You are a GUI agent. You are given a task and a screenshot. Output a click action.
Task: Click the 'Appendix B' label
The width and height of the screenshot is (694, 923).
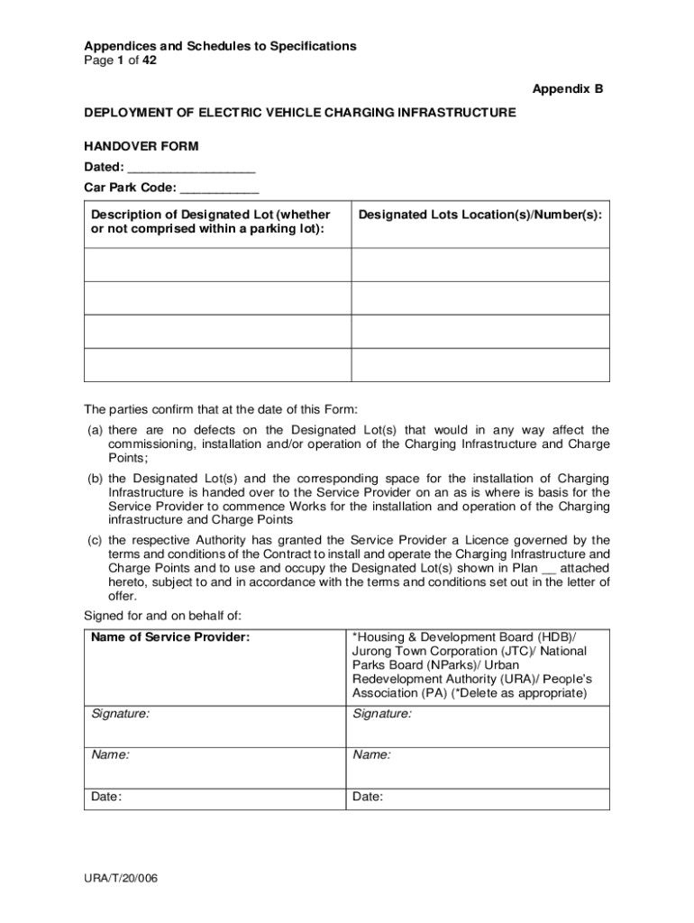point(567,89)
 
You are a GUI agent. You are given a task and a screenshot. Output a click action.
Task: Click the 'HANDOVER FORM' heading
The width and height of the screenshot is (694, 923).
point(142,146)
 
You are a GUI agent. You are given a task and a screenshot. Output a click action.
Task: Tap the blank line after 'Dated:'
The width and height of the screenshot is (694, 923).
point(191,168)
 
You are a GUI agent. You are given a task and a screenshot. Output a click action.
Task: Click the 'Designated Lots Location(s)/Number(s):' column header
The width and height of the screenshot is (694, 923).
point(479,215)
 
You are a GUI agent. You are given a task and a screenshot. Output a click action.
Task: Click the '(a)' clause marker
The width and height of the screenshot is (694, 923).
point(95,430)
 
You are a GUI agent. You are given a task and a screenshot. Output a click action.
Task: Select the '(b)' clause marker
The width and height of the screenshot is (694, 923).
point(95,478)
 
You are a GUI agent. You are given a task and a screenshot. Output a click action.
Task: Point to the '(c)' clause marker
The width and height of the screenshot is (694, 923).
point(95,540)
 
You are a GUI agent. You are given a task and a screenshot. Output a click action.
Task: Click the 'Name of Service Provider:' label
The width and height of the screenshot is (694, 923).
point(170,637)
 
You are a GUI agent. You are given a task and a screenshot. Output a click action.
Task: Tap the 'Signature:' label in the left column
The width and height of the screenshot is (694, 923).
point(121,714)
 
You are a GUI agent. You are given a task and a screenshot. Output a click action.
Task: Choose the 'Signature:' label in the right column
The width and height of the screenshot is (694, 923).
point(382,714)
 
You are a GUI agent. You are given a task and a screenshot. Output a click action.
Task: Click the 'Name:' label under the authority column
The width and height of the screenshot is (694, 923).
point(371,755)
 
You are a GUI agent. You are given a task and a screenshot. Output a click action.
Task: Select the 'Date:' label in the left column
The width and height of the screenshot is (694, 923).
point(107,797)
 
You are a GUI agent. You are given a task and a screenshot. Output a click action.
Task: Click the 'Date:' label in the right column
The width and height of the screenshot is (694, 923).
point(368,797)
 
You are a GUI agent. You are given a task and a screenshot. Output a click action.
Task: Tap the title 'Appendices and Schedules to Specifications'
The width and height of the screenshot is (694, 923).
point(220,46)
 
